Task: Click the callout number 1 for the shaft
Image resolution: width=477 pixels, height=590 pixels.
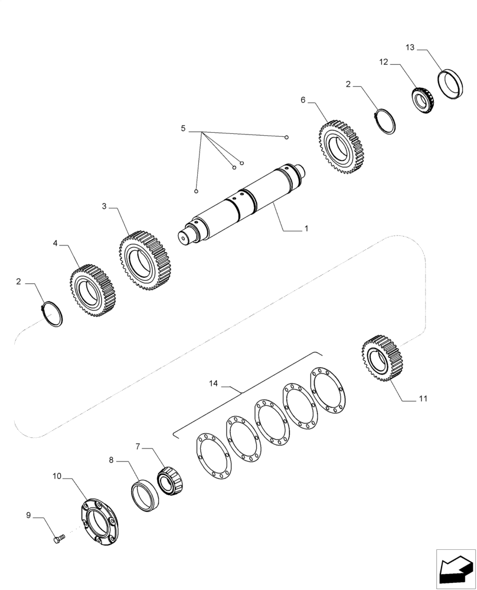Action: pos(306,228)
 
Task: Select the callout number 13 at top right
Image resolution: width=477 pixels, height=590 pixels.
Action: pos(410,47)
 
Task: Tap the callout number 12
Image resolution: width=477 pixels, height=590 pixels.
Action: pos(384,62)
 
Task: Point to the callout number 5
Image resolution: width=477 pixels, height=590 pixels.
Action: pos(183,129)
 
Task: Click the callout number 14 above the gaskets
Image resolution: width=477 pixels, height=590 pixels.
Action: pos(213,384)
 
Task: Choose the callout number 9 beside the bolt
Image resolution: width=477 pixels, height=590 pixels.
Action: pos(28,515)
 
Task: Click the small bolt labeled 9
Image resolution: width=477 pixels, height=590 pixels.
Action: pos(57,539)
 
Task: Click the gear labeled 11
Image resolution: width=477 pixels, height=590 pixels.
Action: pos(381,359)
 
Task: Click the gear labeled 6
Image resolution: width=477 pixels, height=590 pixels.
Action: pos(341,147)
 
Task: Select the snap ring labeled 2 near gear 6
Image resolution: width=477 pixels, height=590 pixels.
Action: pos(387,122)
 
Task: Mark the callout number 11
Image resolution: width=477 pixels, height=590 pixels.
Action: pos(423,399)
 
